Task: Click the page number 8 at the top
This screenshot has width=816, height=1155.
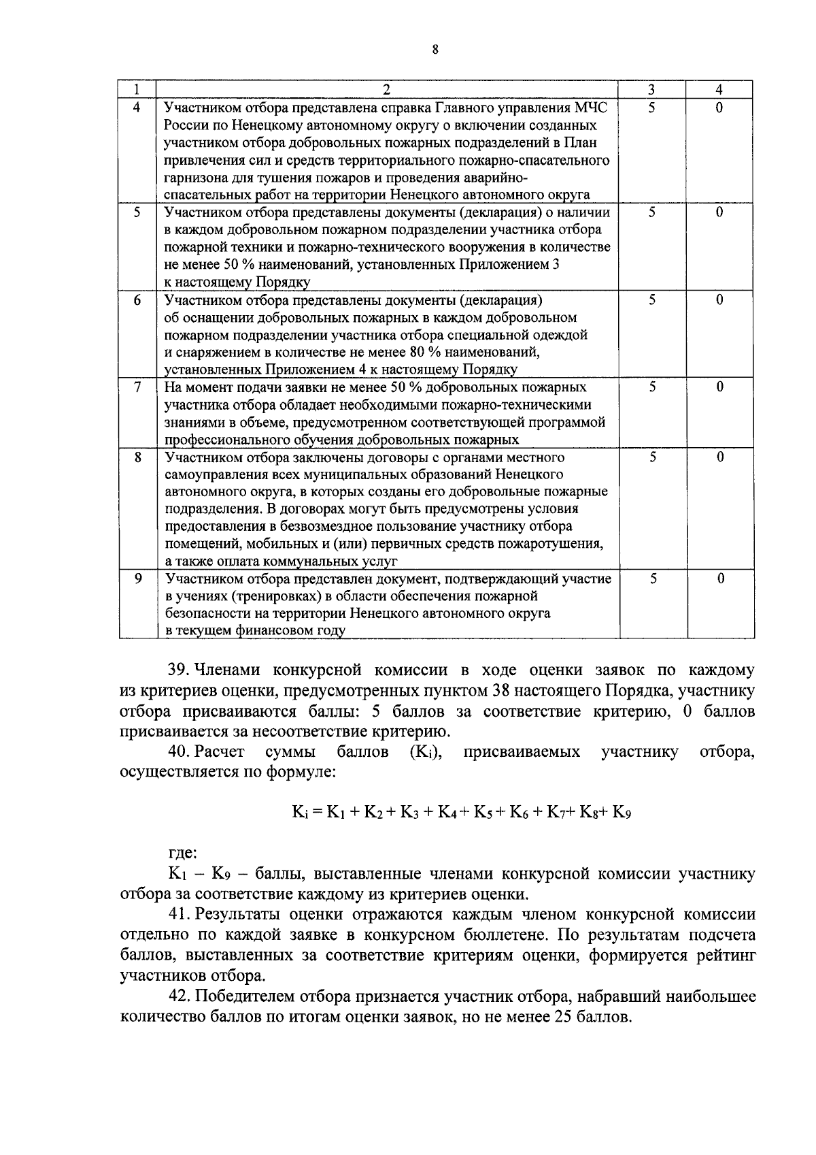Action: point(435,48)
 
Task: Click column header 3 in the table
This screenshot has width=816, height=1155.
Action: point(651,90)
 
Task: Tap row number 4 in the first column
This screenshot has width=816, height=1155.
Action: point(137,108)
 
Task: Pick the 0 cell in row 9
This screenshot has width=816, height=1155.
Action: point(720,579)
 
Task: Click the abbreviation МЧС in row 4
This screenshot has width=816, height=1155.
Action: point(593,108)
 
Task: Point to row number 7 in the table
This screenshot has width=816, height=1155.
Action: point(137,387)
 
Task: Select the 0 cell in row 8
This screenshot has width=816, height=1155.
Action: point(720,457)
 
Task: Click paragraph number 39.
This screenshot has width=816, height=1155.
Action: point(179,670)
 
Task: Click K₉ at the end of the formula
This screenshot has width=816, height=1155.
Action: point(622,812)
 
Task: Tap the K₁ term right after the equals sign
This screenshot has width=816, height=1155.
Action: point(337,812)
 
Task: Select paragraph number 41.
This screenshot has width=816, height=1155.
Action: point(179,914)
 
